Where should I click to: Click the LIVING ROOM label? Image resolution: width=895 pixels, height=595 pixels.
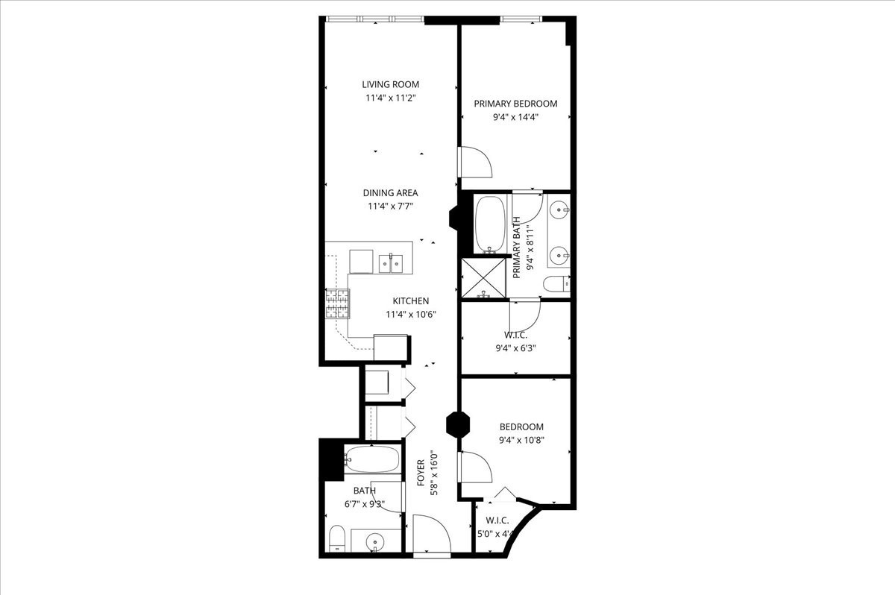point(390,84)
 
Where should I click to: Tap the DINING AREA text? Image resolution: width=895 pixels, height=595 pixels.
point(390,192)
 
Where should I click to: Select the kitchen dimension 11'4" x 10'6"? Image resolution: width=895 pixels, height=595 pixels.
point(411,314)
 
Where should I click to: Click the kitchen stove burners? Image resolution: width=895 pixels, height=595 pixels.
point(336,303)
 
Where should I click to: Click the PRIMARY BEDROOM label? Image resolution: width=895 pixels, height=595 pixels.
point(515,104)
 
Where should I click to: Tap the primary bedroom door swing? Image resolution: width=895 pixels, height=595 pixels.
point(474,162)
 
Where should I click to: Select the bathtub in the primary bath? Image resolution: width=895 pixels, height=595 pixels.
point(490,224)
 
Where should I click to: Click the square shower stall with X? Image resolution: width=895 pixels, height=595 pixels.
point(484,277)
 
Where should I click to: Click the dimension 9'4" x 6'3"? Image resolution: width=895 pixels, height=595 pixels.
point(515,347)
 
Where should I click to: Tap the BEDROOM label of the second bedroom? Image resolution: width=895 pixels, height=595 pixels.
point(521,426)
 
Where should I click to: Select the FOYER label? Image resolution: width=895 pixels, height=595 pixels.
point(421,473)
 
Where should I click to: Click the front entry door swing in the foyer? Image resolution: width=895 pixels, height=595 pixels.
point(430,535)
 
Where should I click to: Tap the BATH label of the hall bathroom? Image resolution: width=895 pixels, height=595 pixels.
point(365,490)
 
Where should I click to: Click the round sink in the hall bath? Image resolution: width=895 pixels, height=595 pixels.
point(376,541)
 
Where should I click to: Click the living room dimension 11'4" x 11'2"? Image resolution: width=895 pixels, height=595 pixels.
point(390,97)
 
